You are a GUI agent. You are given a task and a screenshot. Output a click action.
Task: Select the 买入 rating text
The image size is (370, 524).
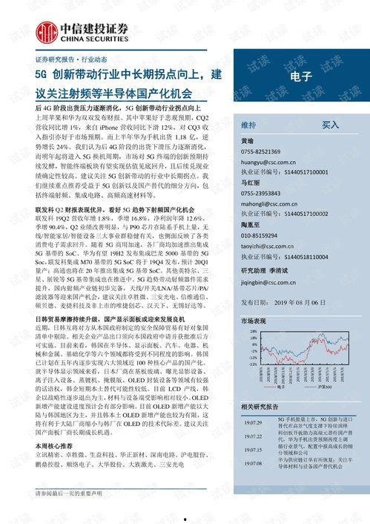click(x=331, y=125)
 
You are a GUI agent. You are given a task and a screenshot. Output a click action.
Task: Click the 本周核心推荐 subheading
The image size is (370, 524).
click(x=55, y=444)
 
